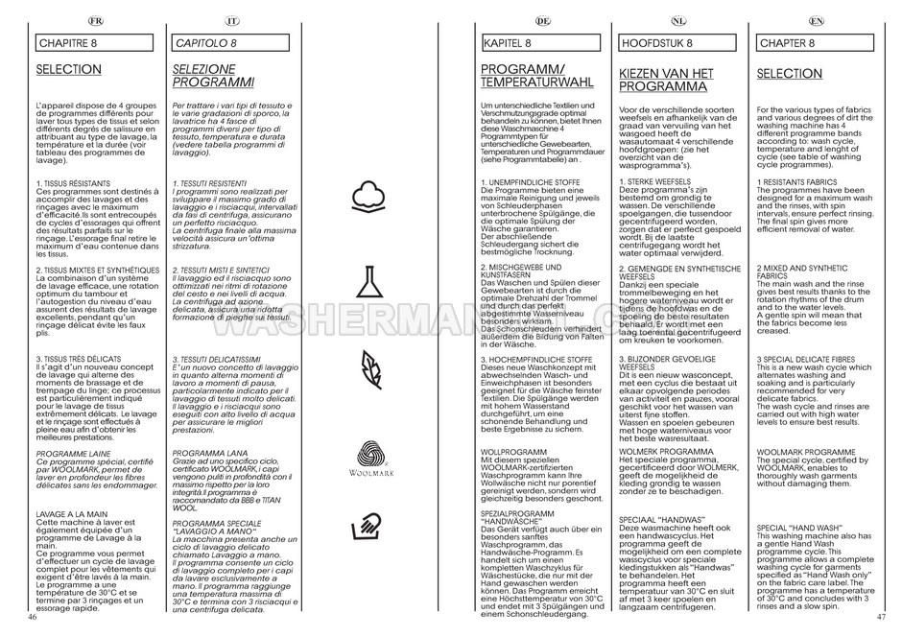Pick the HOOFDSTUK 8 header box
678,44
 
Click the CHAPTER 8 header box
815,44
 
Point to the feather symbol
370,366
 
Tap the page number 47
880,618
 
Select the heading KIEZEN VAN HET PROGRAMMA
666,80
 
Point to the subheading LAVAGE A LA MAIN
70,514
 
